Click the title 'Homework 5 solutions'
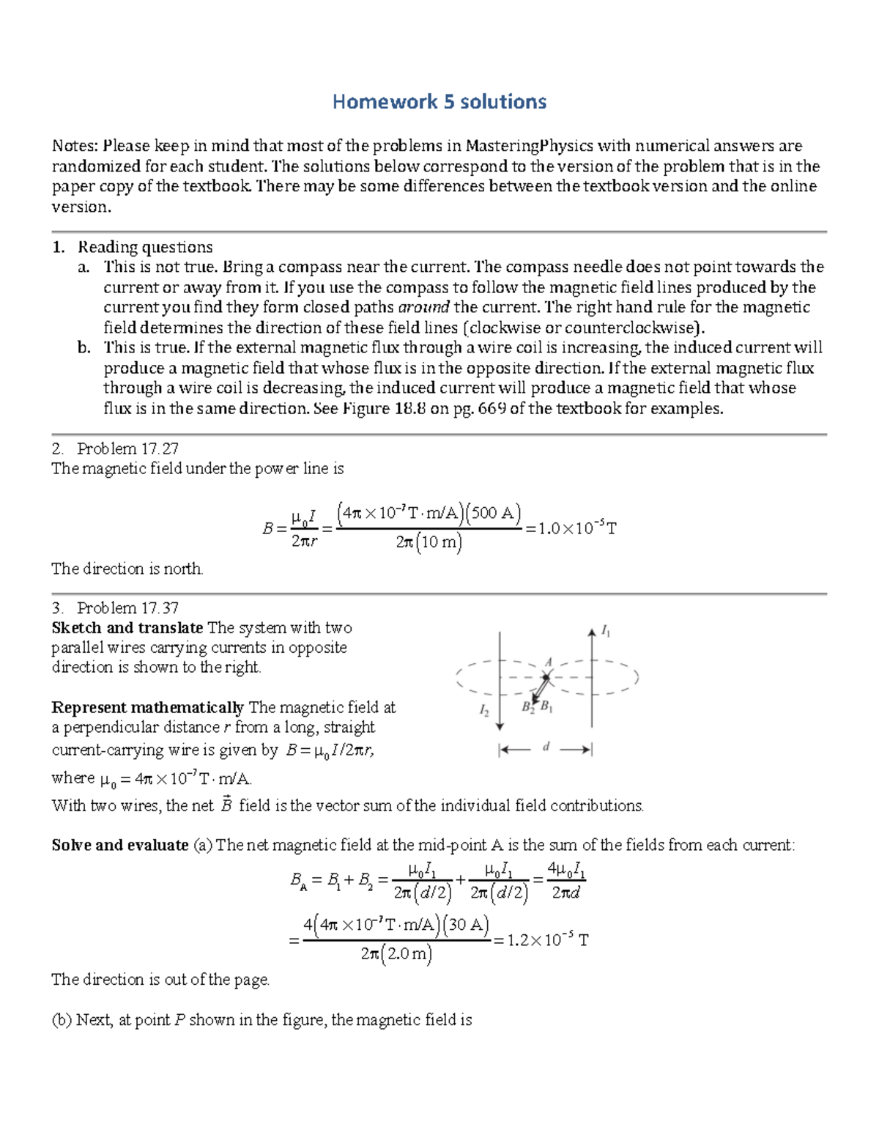[439, 101]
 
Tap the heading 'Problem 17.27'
[127, 448]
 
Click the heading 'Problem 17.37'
[127, 607]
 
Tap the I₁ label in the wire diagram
[606, 631]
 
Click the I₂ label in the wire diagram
[484, 710]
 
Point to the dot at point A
[546, 676]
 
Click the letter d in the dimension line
[546, 747]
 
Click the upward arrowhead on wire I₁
[591, 631]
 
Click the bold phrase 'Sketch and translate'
[127, 628]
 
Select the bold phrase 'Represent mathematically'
[147, 707]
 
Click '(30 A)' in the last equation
[468, 924]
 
